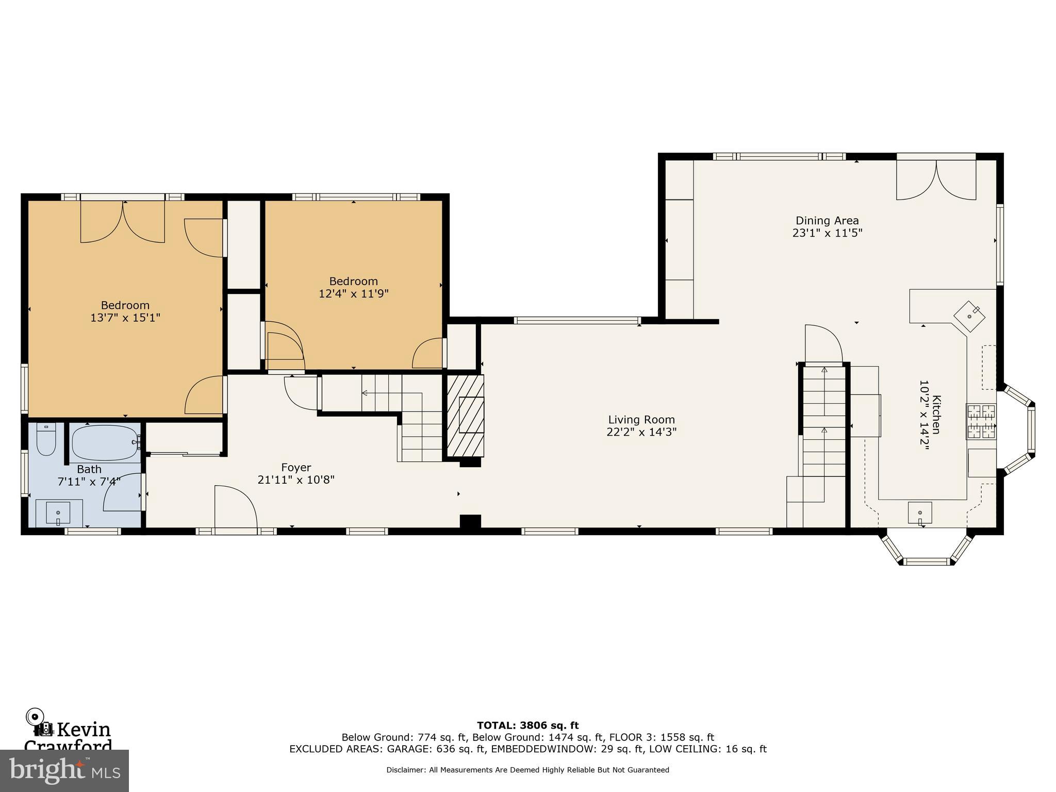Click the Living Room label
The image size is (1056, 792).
click(x=641, y=420)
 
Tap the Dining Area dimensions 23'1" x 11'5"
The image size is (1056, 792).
click(x=827, y=233)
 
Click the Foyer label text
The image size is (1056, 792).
click(x=296, y=468)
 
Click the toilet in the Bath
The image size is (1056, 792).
click(x=46, y=440)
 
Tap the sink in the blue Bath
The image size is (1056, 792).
click(x=58, y=513)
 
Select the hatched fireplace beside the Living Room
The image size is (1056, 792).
click(x=465, y=416)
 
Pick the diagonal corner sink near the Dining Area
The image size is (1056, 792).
click(x=969, y=316)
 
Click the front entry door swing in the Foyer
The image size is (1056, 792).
click(x=235, y=507)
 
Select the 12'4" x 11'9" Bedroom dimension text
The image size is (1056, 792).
click(x=353, y=294)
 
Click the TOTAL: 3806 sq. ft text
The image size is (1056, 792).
click(x=527, y=725)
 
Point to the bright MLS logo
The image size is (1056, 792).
click(x=64, y=770)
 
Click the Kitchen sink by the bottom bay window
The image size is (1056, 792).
click(x=919, y=513)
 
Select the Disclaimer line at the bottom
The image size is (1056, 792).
click(x=527, y=770)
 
